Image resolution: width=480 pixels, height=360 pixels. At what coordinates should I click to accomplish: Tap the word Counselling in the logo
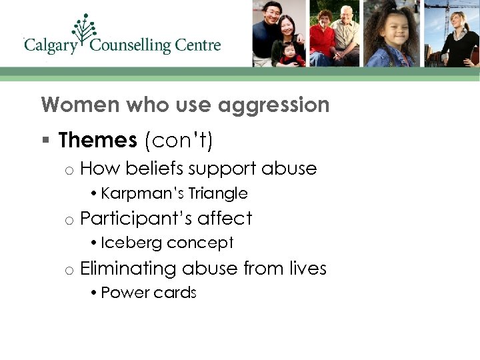[131, 46]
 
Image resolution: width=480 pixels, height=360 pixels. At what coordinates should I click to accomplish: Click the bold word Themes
[97, 140]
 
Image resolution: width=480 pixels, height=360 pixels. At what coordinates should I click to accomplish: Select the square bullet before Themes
[45, 141]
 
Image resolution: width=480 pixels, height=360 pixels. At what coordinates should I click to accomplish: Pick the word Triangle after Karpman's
[218, 193]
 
